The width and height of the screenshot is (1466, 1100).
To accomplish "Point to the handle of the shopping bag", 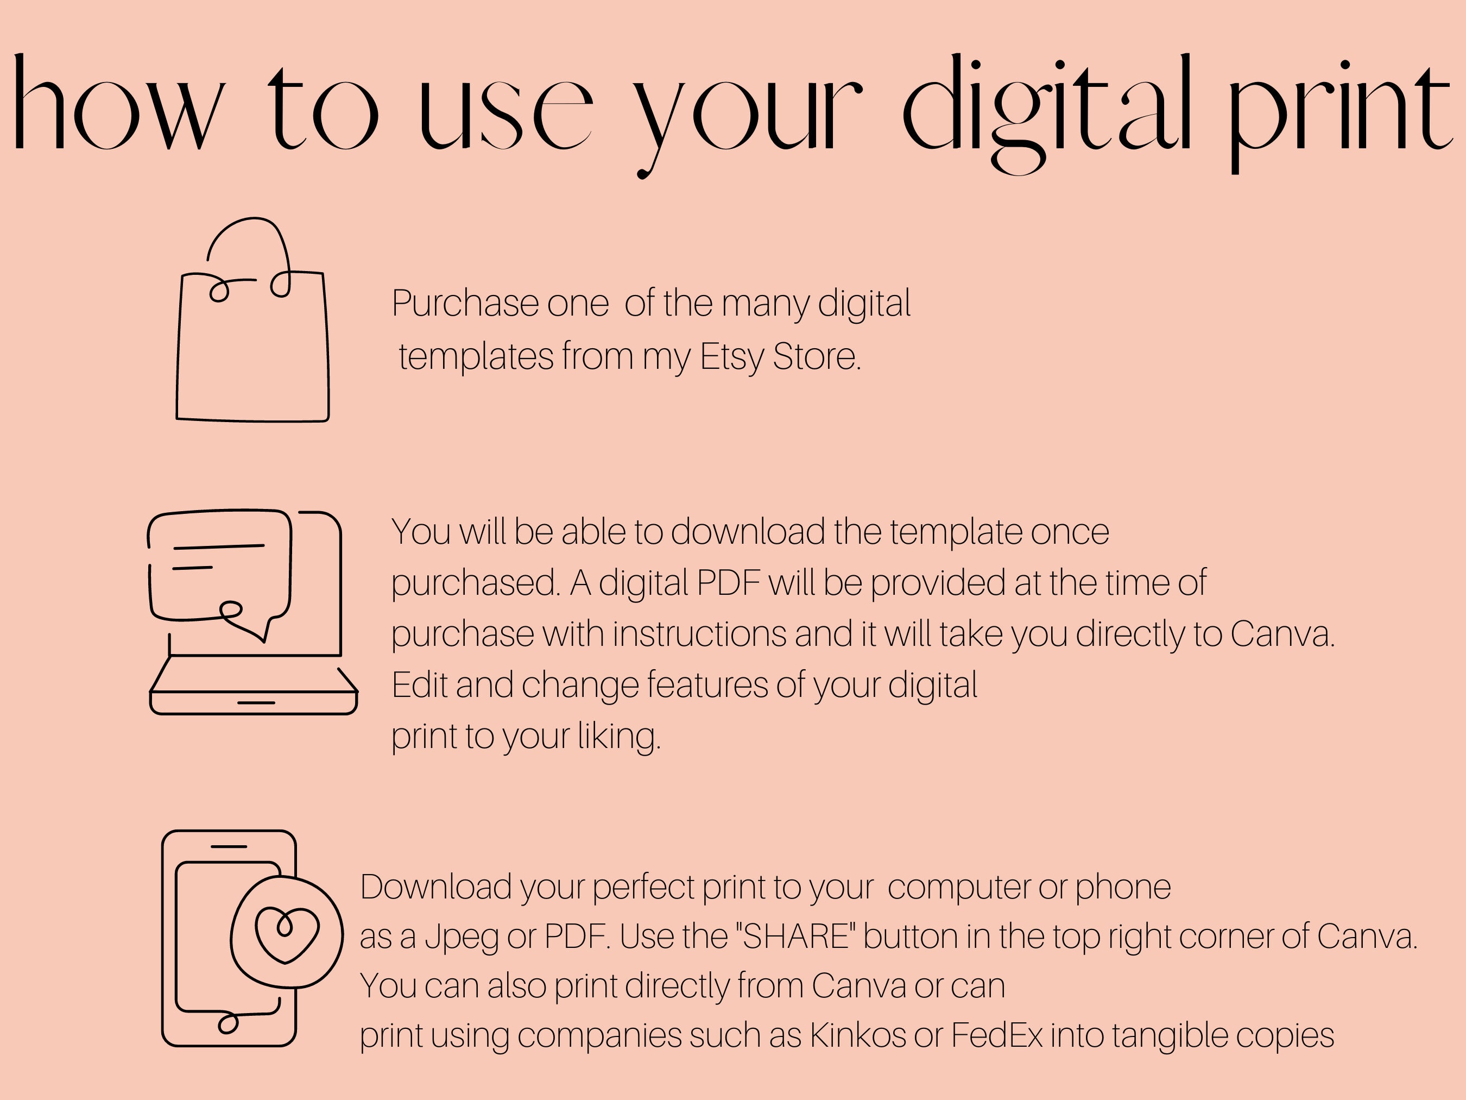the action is pyautogui.click(x=249, y=219).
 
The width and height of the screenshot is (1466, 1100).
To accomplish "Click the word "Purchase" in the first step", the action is pyautogui.click(x=465, y=304).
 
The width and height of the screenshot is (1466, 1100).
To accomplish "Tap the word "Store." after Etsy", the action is pyautogui.click(x=817, y=357).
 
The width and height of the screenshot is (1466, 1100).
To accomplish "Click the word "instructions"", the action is pyautogui.click(x=699, y=634).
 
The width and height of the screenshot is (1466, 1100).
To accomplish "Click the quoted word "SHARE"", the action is pyautogui.click(x=796, y=936).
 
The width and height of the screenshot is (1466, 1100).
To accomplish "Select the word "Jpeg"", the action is pyautogui.click(x=462, y=938).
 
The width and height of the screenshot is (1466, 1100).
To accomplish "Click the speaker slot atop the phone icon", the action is pyautogui.click(x=229, y=847).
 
